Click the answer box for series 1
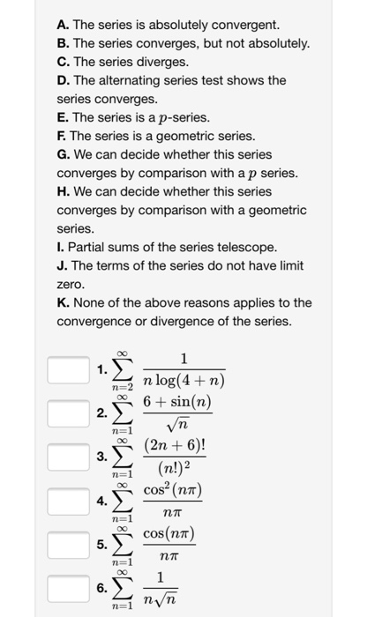point(68,369)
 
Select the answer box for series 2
point(68,413)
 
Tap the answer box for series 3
point(68,457)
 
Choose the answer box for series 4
point(68,501)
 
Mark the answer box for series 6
point(68,588)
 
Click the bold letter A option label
point(63,24)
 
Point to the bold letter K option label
point(63,302)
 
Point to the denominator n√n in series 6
point(160,600)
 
